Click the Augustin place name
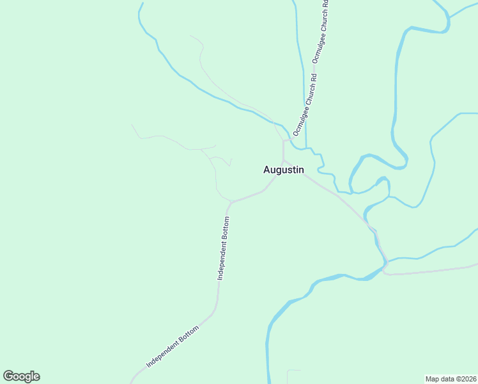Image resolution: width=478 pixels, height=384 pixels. click(x=284, y=170)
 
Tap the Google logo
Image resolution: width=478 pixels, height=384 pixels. click(x=21, y=376)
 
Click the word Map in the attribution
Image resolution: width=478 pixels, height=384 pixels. click(x=433, y=379)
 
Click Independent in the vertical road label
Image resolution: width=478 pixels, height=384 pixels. click(x=222, y=263)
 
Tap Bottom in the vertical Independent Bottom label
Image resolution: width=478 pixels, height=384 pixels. click(x=226, y=229)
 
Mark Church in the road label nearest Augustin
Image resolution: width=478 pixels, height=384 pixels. click(x=309, y=93)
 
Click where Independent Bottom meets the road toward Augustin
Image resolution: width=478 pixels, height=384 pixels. click(x=230, y=203)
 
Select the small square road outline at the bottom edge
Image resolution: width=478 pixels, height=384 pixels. click(x=294, y=376)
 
